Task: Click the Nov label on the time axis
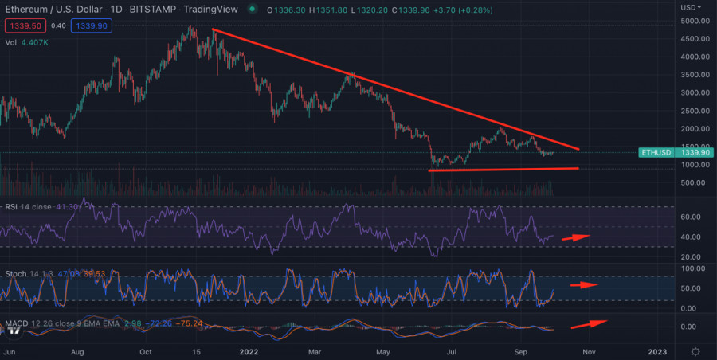[x=589, y=351]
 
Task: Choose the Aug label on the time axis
[x=77, y=351]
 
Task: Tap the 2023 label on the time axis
[x=657, y=351]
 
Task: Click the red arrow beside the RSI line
[x=576, y=237]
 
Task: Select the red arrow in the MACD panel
[x=589, y=323]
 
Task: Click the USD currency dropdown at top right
[x=691, y=7]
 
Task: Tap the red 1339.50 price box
[x=22, y=25]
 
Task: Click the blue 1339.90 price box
[x=92, y=25]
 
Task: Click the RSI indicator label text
[x=13, y=207]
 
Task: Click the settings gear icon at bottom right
[x=695, y=351]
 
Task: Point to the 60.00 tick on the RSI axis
[x=690, y=217]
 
